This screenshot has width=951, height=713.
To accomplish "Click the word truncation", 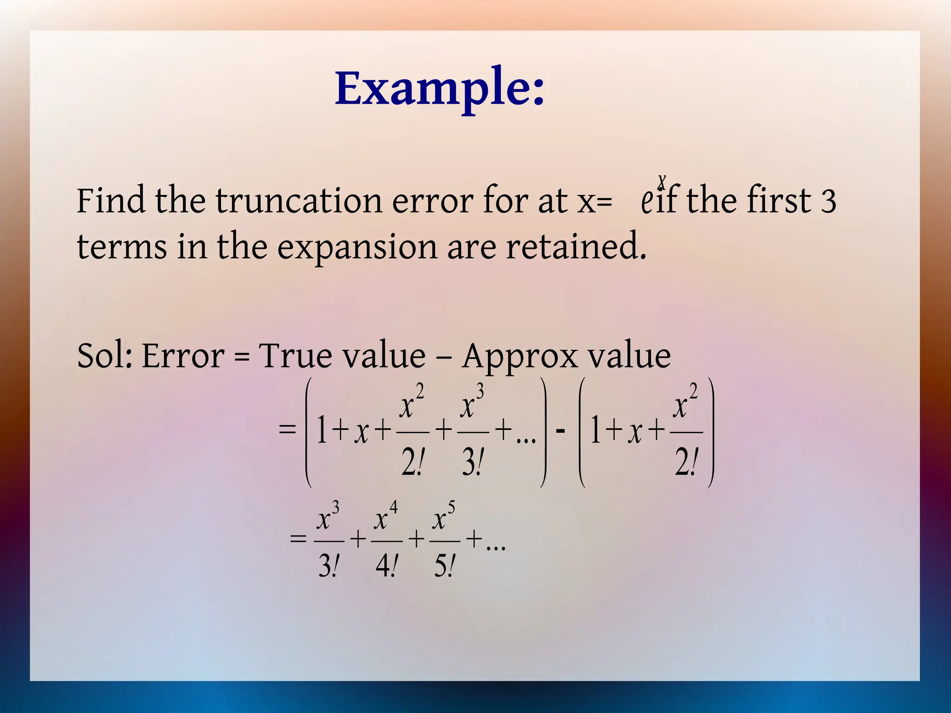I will tap(299, 201).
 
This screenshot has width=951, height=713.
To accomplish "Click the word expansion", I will tap(357, 247).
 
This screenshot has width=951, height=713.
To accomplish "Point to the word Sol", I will tap(104, 356).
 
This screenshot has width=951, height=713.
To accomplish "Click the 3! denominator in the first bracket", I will tap(473, 463).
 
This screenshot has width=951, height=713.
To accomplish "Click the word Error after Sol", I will tap(183, 356).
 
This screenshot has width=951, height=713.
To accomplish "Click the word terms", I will tap(122, 247).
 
